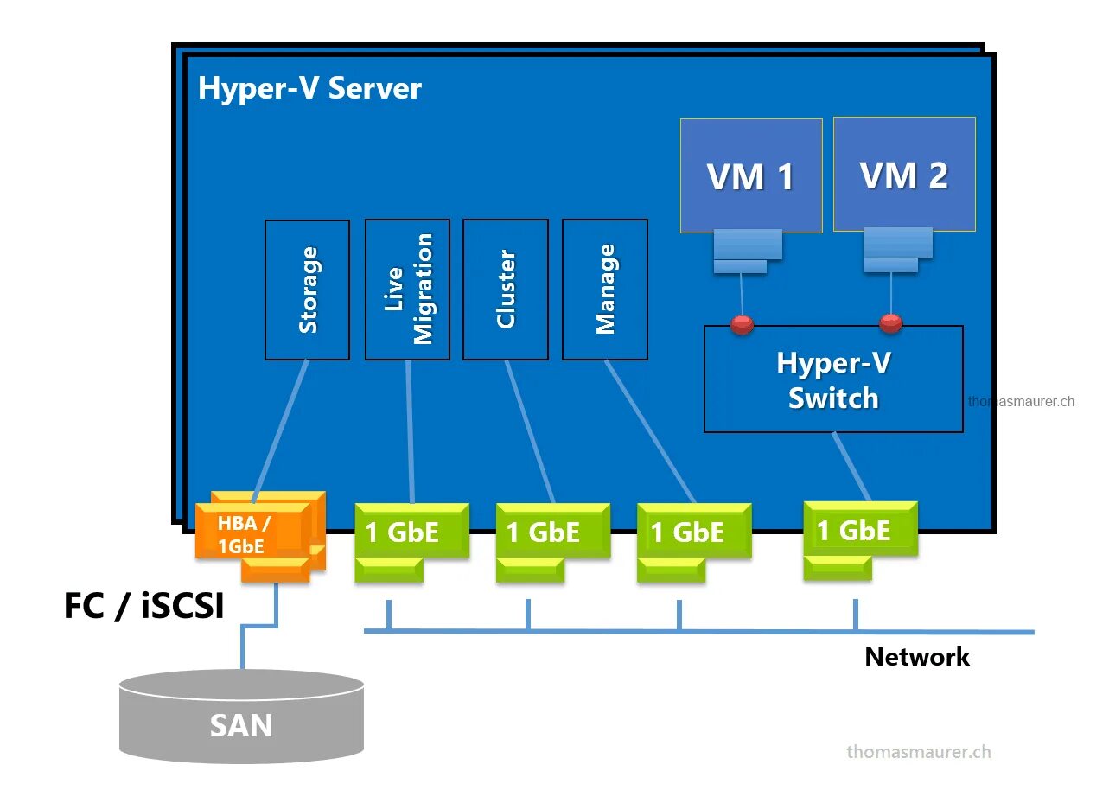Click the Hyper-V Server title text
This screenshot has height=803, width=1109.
[x=309, y=88]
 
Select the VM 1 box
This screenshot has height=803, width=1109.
[x=750, y=175]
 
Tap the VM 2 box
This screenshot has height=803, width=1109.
[x=904, y=174]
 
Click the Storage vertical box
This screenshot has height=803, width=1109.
[x=307, y=290]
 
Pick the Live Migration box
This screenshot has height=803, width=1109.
[x=407, y=290]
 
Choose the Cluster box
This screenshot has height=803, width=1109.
[x=505, y=290]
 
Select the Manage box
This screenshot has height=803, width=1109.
[x=604, y=290]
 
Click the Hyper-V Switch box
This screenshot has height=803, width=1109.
[x=832, y=379]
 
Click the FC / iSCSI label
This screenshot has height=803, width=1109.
[x=143, y=606]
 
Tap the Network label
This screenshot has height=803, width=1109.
[x=916, y=657]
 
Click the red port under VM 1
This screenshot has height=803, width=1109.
[x=742, y=325]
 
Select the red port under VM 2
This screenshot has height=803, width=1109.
[x=890, y=324]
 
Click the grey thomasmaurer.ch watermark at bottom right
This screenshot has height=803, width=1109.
[x=918, y=751]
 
